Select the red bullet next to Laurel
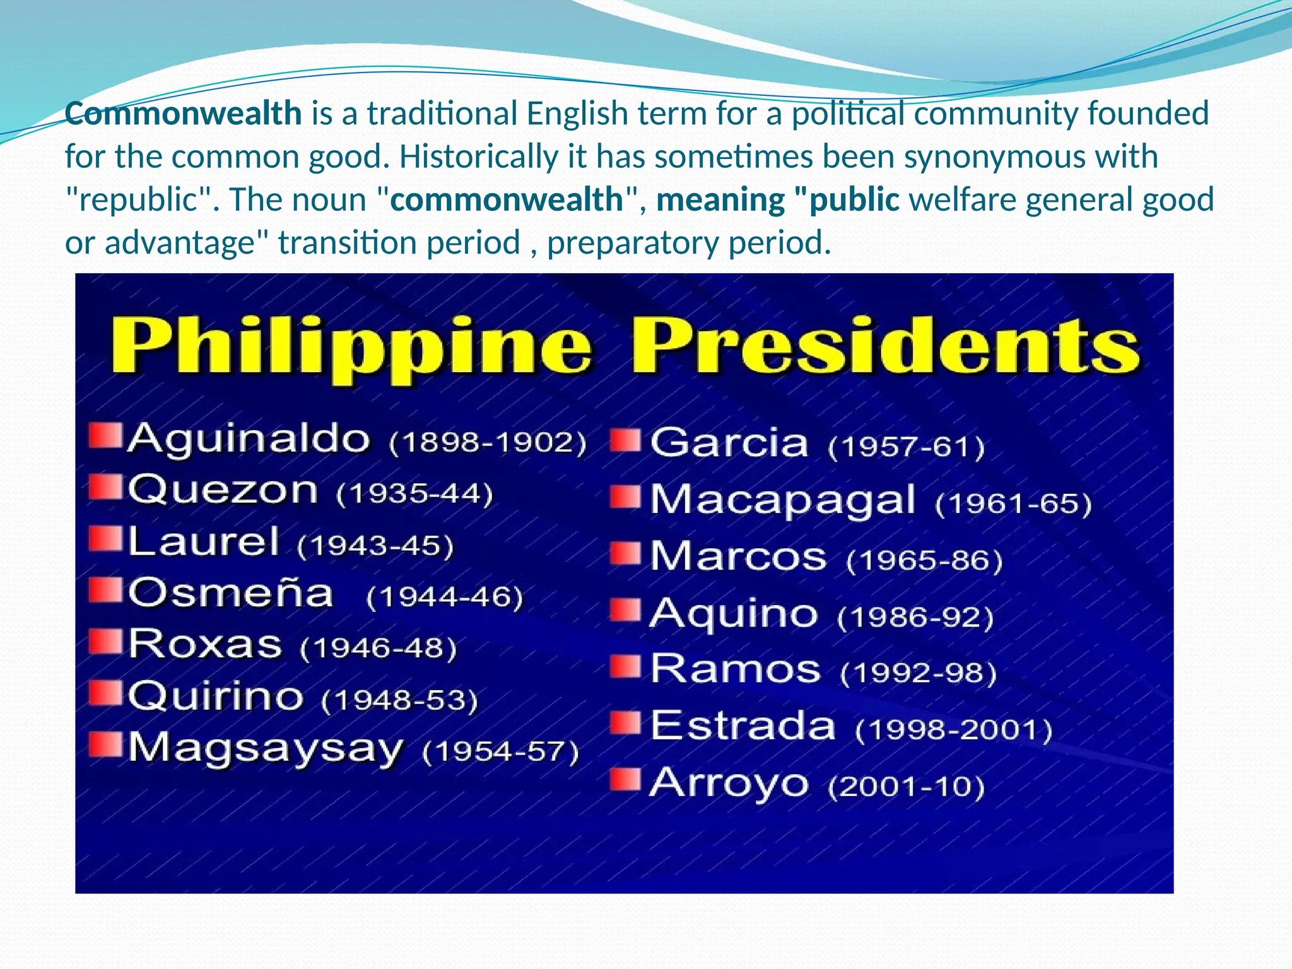[x=105, y=538]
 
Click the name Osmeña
[x=231, y=594]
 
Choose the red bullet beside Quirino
[x=105, y=693]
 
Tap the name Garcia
[x=729, y=443]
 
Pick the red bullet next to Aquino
[x=625, y=609]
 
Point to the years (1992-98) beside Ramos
[x=918, y=673]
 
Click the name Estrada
[x=743, y=725]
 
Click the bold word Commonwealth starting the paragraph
[x=184, y=114]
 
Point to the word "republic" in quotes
[x=139, y=200]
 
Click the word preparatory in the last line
[x=633, y=243]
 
